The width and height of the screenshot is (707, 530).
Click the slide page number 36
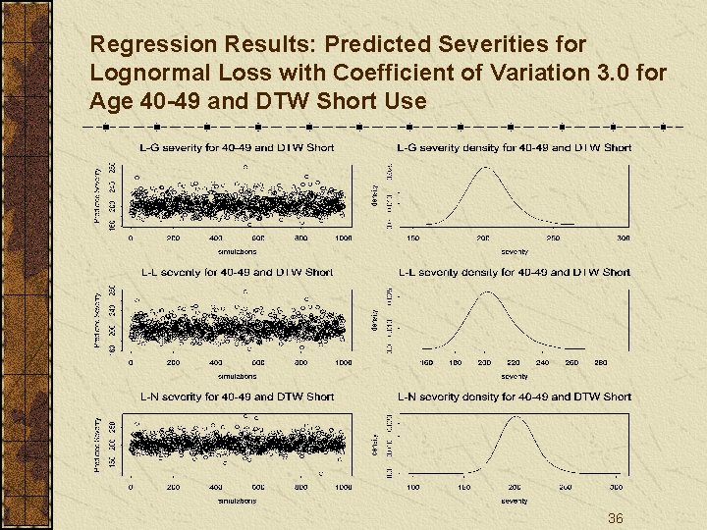pyautogui.click(x=616, y=518)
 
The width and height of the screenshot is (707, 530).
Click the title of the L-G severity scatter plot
pyautogui.click(x=237, y=147)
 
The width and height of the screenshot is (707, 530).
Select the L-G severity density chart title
pyautogui.click(x=514, y=147)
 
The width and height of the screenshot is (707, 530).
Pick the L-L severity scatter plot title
pyautogui.click(x=237, y=272)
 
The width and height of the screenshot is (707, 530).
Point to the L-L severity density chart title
pyautogui.click(x=514, y=272)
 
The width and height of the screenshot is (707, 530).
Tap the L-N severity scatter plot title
pyautogui.click(x=237, y=397)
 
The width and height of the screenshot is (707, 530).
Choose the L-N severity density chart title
pyautogui.click(x=514, y=397)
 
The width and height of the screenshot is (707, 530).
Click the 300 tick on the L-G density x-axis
pyautogui.click(x=623, y=238)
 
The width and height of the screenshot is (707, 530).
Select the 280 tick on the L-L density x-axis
pyautogui.click(x=601, y=362)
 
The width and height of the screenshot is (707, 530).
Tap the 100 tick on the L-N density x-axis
pyautogui.click(x=413, y=487)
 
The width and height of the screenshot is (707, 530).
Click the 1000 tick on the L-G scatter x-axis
pyautogui.click(x=343, y=238)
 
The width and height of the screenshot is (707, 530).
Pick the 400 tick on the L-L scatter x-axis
pyautogui.click(x=216, y=362)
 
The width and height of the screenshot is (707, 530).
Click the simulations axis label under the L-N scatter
pyautogui.click(x=237, y=500)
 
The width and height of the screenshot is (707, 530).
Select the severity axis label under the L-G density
pyautogui.click(x=514, y=251)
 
